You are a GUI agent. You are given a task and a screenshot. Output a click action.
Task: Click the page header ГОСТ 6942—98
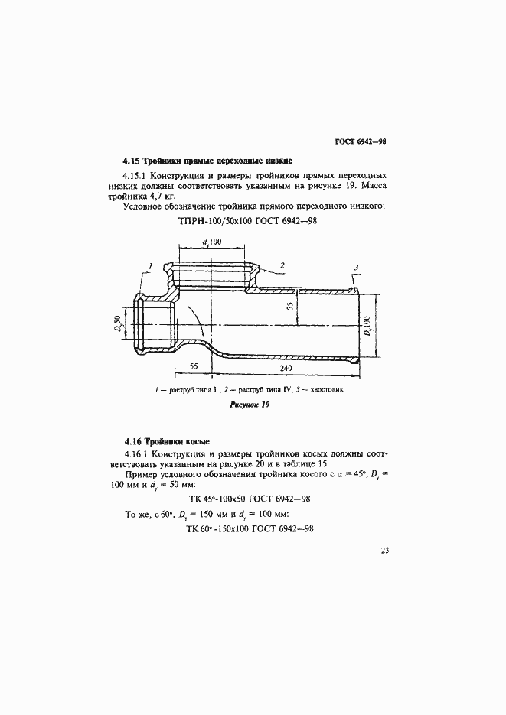360,141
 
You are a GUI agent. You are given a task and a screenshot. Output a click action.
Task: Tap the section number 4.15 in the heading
132,161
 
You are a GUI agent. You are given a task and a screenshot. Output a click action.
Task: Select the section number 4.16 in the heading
132,443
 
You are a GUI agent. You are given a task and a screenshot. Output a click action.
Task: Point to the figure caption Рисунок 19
250,405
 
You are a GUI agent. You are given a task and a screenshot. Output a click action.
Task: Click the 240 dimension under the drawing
286,368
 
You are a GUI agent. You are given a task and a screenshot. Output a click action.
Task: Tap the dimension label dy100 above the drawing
211,242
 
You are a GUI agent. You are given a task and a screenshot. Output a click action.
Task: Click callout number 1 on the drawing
151,265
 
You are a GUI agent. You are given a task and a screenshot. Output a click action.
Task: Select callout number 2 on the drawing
282,265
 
